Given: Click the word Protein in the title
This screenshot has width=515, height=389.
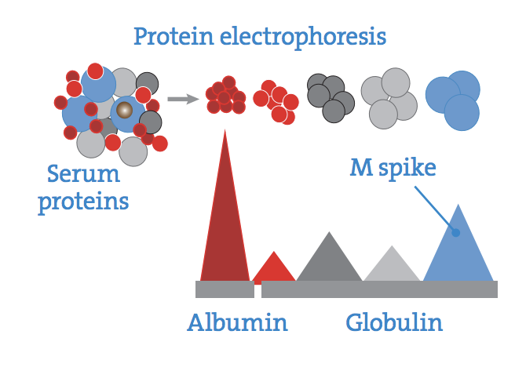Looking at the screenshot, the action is click(173, 36).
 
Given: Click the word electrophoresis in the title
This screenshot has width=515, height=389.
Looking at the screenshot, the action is click(303, 38).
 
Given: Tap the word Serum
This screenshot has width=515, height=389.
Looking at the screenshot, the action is click(83, 174).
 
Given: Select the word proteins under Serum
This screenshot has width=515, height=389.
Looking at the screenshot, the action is click(83, 202).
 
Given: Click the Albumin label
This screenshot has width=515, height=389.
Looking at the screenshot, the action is click(237, 323).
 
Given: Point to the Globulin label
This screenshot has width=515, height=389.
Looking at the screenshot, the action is click(394, 323).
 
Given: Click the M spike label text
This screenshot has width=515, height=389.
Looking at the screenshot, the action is click(393, 168).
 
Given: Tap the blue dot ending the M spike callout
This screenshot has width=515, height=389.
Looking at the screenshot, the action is click(455, 233).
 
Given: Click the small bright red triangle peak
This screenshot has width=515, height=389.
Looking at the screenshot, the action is click(274, 269).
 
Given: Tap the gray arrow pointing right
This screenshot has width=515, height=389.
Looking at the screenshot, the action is click(183, 99).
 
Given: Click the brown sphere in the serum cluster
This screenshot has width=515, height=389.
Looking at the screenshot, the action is click(125, 110).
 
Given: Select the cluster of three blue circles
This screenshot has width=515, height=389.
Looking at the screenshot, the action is click(453, 100).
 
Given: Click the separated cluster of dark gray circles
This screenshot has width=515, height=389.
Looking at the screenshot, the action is click(331, 98).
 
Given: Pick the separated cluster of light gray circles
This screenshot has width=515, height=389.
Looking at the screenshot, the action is click(389, 98).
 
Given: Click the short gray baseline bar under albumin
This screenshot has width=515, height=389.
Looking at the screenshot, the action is click(225, 289).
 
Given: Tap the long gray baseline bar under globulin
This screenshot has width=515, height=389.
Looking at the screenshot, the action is click(379, 289).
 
